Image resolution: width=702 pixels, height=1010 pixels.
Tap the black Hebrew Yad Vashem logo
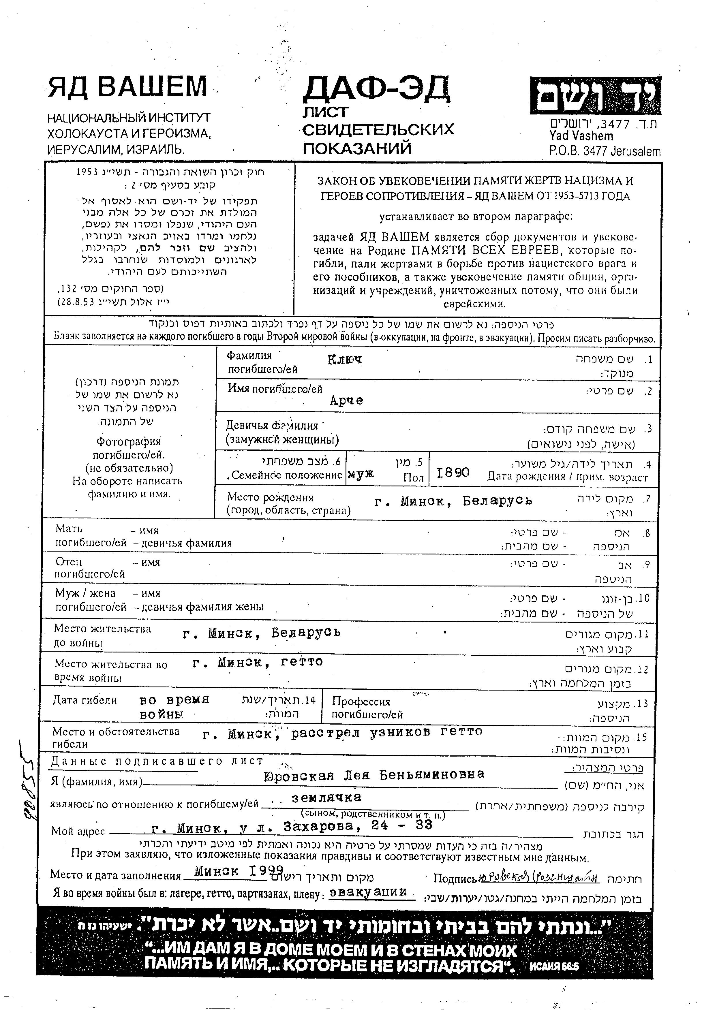[595, 95]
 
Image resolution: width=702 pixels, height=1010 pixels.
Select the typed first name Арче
[346, 400]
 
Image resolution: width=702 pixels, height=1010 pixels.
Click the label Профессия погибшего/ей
[367, 708]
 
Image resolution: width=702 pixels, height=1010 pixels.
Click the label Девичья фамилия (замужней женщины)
[282, 432]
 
